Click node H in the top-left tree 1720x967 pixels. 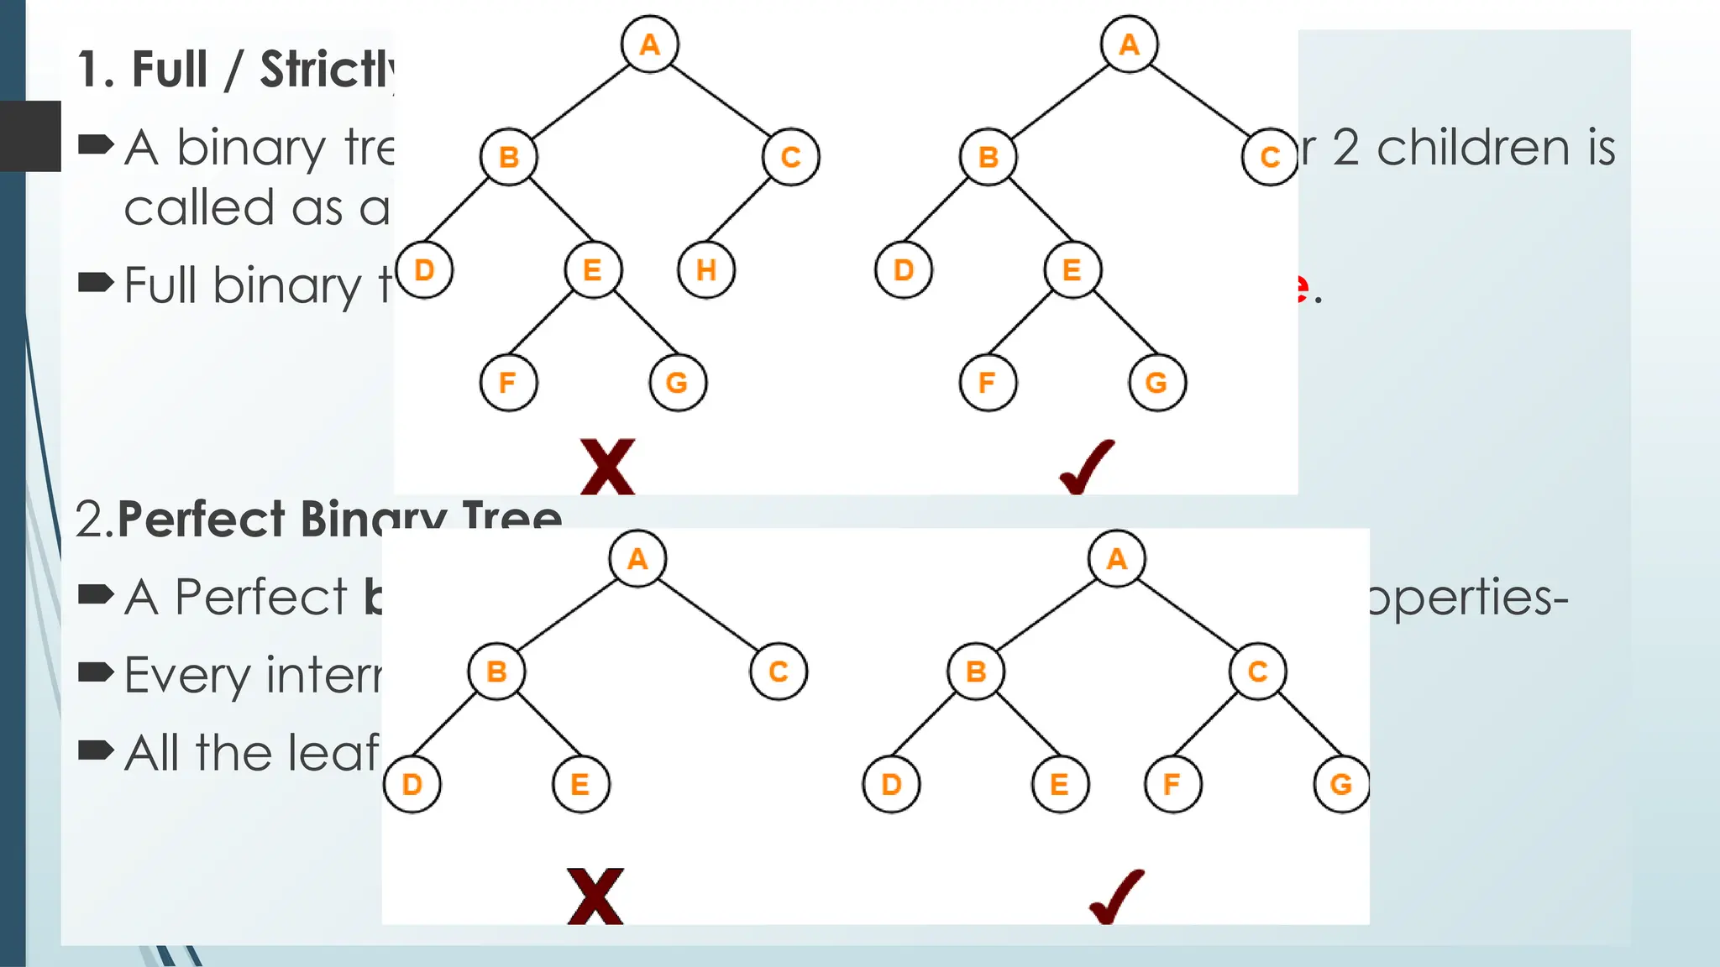(705, 270)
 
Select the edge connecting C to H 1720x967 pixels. (740, 220)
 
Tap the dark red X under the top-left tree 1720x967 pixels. (607, 467)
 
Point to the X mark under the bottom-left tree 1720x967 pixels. (595, 896)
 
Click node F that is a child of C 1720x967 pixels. (1172, 785)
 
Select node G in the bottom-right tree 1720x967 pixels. (1341, 785)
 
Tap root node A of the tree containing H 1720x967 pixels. (649, 44)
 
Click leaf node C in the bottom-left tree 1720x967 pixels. (778, 672)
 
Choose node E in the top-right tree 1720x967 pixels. (1072, 270)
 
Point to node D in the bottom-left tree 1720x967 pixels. (412, 785)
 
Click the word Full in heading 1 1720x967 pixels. (170, 70)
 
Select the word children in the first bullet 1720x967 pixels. (1477, 149)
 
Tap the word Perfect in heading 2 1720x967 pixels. (202, 520)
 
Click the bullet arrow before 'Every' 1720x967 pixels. (95, 672)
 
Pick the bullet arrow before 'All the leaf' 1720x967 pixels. (95, 750)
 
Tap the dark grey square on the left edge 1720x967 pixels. (31, 136)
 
